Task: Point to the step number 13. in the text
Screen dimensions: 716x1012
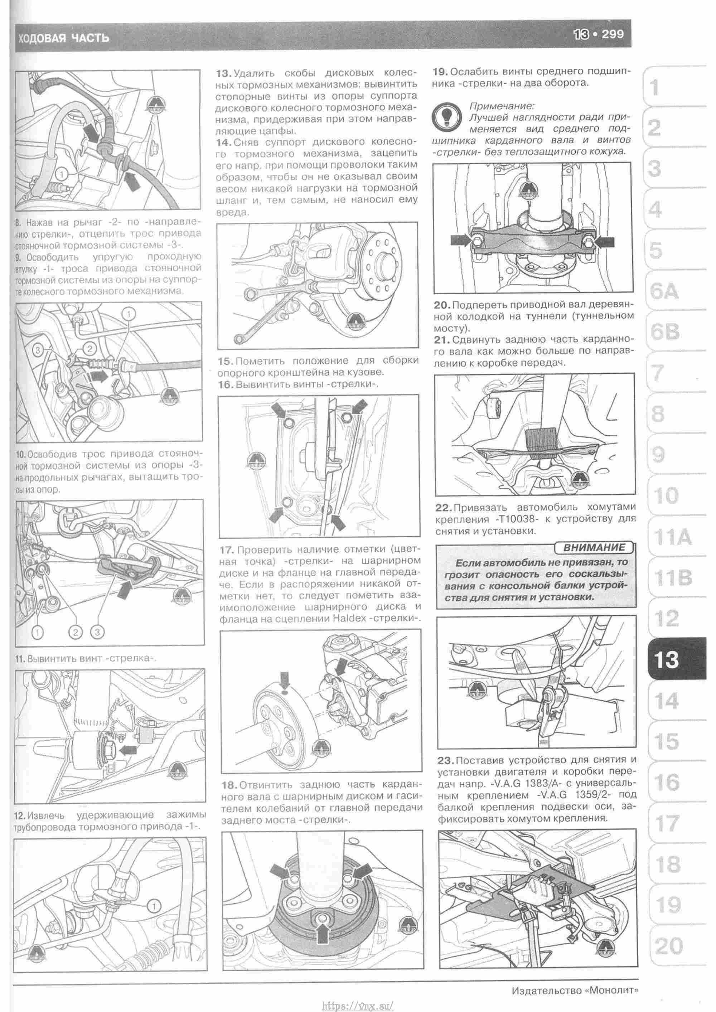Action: point(224,73)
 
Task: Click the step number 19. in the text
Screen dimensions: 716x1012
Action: point(440,71)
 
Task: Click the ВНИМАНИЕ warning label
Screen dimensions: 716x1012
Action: point(594,547)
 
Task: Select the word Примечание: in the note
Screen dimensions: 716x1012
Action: point(502,106)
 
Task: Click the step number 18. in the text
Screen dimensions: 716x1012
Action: point(229,785)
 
